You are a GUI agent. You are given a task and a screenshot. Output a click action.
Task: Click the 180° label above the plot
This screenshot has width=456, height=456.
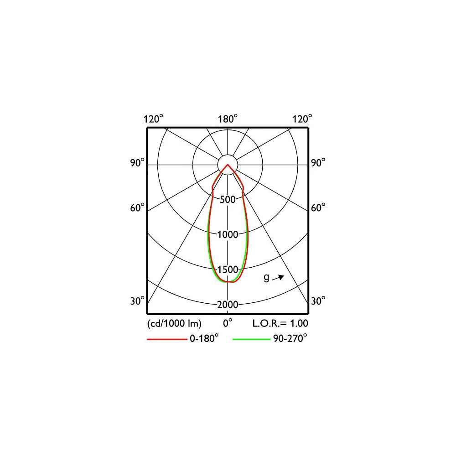click(x=228, y=119)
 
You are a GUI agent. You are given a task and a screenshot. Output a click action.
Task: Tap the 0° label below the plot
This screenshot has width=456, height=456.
click(x=228, y=323)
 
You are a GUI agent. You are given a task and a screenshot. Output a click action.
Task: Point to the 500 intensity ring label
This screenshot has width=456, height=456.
click(x=228, y=200)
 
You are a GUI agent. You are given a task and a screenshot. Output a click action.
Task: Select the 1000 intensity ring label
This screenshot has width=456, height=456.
click(x=228, y=235)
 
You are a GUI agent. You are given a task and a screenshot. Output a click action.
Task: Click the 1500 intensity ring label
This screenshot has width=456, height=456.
click(x=228, y=269)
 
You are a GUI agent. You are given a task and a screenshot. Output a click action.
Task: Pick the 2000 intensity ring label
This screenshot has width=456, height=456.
click(x=228, y=305)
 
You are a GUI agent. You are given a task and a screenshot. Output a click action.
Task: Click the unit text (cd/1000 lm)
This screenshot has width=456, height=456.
click(x=174, y=323)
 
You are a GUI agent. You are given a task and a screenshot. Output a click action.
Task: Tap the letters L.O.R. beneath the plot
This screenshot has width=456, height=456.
click(x=266, y=323)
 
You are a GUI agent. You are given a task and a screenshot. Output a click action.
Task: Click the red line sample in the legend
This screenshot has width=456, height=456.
click(x=166, y=339)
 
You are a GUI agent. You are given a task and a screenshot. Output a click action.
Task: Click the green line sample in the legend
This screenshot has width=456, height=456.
click(x=251, y=339)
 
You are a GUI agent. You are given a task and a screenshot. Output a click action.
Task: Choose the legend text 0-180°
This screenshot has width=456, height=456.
click(x=204, y=339)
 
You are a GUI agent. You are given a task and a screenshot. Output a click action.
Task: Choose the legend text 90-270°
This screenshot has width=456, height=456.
click(x=290, y=339)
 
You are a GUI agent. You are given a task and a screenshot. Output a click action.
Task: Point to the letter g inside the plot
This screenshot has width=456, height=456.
click(x=266, y=278)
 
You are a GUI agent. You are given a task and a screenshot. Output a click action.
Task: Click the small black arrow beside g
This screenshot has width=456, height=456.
click(x=279, y=277)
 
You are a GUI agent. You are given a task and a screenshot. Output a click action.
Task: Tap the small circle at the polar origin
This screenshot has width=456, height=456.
click(x=228, y=164)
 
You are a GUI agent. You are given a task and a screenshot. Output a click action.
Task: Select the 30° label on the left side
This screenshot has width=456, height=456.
click(x=137, y=301)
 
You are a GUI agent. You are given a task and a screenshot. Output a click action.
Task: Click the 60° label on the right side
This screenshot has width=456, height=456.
click(x=318, y=207)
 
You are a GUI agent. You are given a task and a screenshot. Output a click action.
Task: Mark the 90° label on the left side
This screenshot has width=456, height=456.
click(x=137, y=163)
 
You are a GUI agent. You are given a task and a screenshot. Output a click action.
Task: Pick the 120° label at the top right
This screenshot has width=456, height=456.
click(x=302, y=119)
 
